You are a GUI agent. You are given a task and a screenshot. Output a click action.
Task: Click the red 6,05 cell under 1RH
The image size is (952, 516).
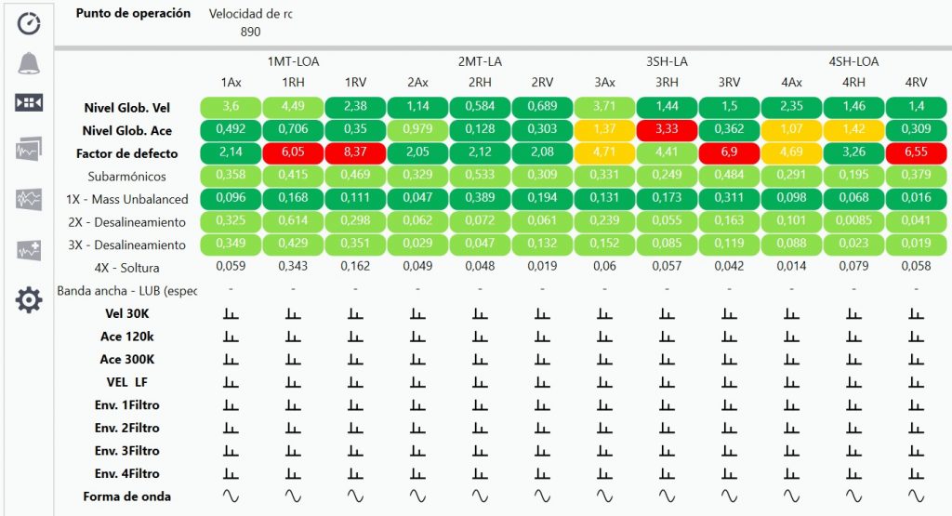[x=293, y=153]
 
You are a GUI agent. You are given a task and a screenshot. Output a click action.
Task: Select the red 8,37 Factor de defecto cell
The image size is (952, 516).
[x=355, y=153]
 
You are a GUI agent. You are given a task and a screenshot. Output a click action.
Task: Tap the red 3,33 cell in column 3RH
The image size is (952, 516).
[x=667, y=130]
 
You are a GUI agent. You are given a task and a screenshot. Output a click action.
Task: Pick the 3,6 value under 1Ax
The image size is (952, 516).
[x=231, y=107]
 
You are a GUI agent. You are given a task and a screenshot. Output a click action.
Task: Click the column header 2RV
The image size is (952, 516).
[x=542, y=83]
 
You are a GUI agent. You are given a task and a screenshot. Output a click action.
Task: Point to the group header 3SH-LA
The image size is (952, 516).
[x=667, y=62]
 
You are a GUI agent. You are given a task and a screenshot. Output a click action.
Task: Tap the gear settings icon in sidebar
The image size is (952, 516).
[x=29, y=299]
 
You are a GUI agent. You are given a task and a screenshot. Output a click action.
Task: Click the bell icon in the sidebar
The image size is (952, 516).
[x=29, y=63]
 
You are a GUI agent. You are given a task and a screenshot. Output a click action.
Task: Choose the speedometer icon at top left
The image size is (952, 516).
[x=29, y=22]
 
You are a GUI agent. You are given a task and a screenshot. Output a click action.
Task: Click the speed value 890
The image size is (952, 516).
[x=250, y=32]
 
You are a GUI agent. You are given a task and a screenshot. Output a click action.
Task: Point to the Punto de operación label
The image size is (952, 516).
[x=133, y=14]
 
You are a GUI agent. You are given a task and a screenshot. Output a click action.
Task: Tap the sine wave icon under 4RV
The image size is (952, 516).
[x=916, y=496]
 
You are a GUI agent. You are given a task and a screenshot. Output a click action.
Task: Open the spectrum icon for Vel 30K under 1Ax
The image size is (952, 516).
[x=231, y=313]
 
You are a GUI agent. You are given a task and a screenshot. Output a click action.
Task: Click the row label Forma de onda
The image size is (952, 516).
[x=127, y=496]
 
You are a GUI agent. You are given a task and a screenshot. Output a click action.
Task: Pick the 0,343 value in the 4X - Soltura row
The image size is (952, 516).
[x=293, y=268]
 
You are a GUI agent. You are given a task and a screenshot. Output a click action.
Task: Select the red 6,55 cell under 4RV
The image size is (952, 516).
[x=916, y=153]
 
